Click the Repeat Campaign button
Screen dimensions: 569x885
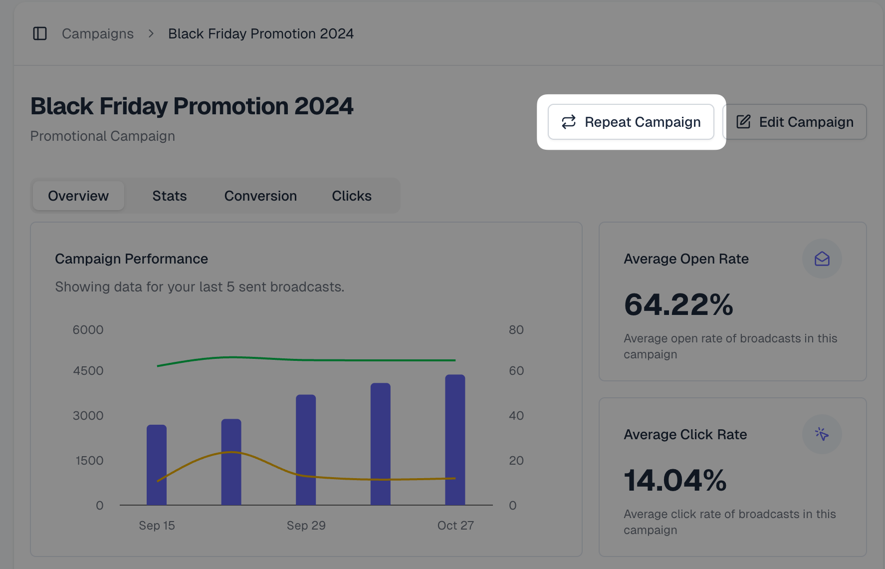tap(631, 122)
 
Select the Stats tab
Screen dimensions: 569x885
tap(170, 196)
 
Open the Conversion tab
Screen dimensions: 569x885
tap(260, 196)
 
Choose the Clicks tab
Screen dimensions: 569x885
tap(352, 196)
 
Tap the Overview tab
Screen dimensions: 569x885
tap(78, 196)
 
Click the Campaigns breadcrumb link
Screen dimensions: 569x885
tap(98, 33)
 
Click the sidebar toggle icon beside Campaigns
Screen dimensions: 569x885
tap(40, 33)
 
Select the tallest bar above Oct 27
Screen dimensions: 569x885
tap(455, 439)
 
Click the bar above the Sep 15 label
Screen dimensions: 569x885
tap(157, 464)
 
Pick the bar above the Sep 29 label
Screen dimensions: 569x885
tap(306, 449)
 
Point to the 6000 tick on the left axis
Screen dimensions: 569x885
tap(88, 330)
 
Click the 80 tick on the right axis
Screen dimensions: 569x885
tap(516, 330)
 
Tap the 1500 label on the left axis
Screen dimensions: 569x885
tap(89, 460)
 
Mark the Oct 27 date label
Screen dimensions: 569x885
tap(455, 526)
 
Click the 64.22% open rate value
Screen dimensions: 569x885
tap(678, 304)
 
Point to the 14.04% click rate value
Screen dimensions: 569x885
tap(675, 480)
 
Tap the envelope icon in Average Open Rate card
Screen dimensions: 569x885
tap(822, 259)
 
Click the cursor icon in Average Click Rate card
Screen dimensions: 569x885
tap(822, 434)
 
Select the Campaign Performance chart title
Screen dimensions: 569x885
tap(131, 259)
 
